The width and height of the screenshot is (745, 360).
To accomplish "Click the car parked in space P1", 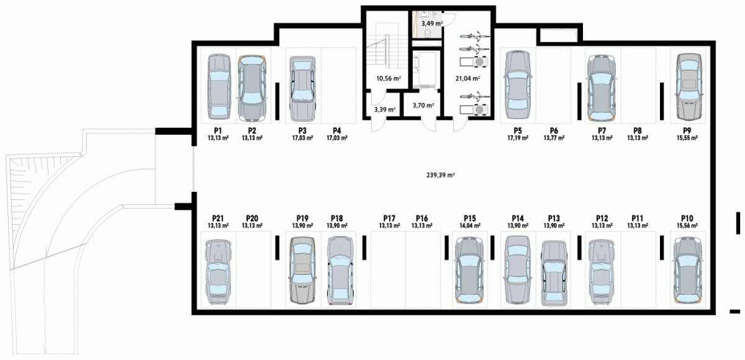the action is click(x=219, y=87).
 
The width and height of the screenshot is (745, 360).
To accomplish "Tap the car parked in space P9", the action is click(x=689, y=87).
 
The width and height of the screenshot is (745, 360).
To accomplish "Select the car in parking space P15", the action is click(x=469, y=270).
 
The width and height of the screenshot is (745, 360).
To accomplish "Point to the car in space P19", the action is click(x=302, y=270).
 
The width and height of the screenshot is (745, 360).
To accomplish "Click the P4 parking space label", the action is click(x=336, y=130).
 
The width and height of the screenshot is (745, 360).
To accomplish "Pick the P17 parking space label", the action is click(x=389, y=218).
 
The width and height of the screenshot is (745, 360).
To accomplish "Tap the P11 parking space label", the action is click(x=637, y=218).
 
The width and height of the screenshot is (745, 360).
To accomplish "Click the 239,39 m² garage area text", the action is click(x=440, y=175).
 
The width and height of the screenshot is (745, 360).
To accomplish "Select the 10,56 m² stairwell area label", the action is click(x=388, y=78).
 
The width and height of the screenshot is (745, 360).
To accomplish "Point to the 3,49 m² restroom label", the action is click(x=431, y=24).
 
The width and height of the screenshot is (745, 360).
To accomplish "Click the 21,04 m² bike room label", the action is click(x=467, y=78).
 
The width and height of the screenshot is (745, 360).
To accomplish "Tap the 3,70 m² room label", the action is click(x=423, y=106).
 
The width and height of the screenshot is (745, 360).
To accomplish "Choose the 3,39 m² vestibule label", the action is click(x=384, y=109).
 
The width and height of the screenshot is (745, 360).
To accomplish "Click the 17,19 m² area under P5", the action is click(x=518, y=138).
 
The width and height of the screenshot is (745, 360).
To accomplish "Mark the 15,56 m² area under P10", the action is click(x=687, y=226).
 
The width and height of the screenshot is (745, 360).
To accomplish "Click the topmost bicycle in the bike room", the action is click(x=474, y=35).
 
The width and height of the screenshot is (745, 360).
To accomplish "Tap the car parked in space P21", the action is click(x=218, y=272).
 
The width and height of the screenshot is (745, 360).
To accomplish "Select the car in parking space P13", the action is click(x=554, y=273).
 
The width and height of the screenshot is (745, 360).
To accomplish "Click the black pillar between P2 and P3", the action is click(x=277, y=101).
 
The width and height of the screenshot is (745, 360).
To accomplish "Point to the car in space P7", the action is click(x=602, y=88).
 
